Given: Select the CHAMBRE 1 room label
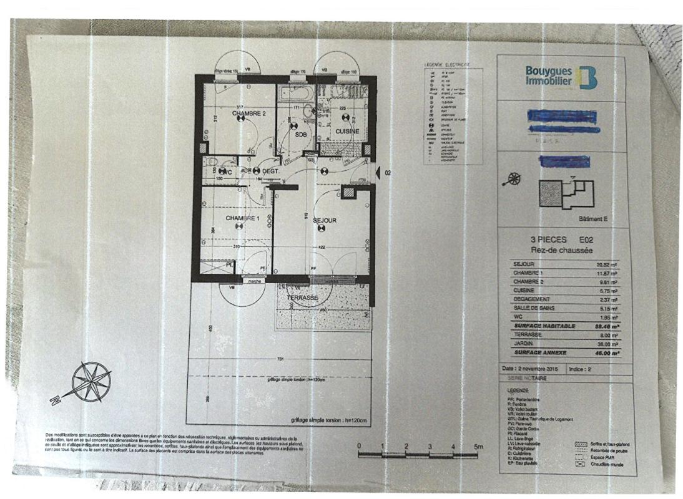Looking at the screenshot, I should tap(242, 218).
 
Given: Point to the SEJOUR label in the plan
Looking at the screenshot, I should tap(325, 221).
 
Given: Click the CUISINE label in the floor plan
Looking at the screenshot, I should tap(347, 132).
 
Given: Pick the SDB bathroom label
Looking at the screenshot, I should tap(301, 134).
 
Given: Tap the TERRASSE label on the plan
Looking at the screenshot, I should tap(303, 299).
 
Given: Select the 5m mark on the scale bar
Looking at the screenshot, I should tap(478, 447).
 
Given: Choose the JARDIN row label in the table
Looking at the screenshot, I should tap(523, 344).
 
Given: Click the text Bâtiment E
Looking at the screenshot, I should tap(592, 219).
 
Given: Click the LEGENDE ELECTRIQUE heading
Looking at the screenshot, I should tap(446, 64).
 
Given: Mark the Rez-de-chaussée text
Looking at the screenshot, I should tap(559, 249).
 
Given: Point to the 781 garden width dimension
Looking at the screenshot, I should tap(281, 359).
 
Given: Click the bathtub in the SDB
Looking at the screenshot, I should tap(295, 94).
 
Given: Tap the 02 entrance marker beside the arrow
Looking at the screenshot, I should tap(388, 173).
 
